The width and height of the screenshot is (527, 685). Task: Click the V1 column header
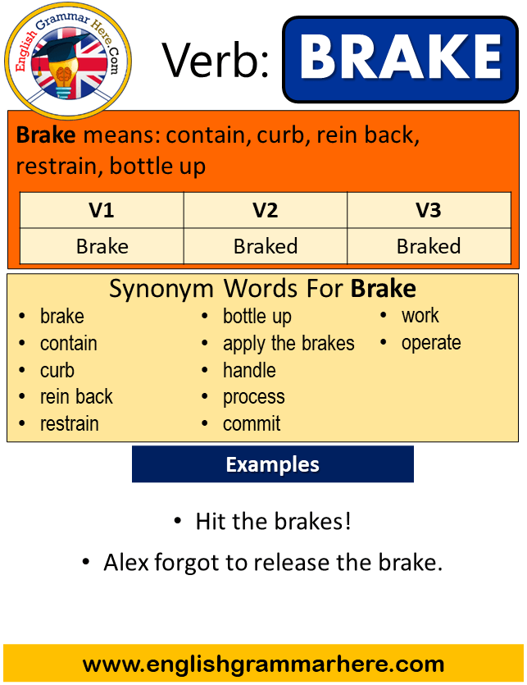point(102,210)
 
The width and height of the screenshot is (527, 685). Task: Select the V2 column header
point(265,210)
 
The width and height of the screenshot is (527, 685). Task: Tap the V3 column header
point(429,210)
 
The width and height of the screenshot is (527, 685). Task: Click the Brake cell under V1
point(102,246)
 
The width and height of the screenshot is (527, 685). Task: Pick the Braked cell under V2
point(266,246)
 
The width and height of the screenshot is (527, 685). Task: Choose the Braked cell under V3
point(429,246)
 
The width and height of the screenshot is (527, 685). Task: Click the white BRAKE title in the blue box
point(401,57)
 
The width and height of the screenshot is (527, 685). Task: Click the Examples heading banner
point(272,464)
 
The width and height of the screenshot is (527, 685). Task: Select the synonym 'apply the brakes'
point(288,344)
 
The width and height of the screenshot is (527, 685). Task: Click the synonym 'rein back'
point(76,397)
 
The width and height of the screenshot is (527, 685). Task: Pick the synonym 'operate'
point(431,344)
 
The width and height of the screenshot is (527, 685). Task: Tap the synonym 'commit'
point(252,424)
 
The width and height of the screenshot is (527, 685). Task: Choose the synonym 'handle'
point(249,370)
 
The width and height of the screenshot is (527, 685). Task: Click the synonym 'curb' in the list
point(57,370)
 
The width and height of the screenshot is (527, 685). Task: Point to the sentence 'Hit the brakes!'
point(273,521)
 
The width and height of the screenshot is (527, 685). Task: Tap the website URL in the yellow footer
point(263,664)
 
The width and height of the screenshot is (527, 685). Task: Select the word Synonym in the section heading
point(161,290)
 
